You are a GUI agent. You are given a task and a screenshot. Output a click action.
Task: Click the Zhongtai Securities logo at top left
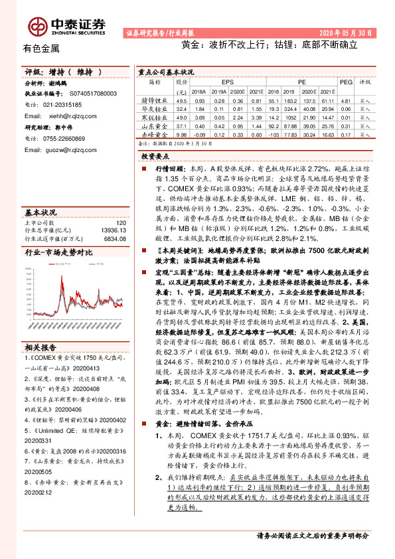67,25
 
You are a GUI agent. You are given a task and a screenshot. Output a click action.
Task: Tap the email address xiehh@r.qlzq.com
68,116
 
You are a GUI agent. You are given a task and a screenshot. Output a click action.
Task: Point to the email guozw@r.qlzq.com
68,149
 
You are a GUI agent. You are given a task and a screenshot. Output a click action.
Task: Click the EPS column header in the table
227,82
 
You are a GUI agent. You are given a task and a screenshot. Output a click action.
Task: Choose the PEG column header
345,82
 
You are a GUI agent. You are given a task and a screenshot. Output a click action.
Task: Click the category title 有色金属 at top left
41,48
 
